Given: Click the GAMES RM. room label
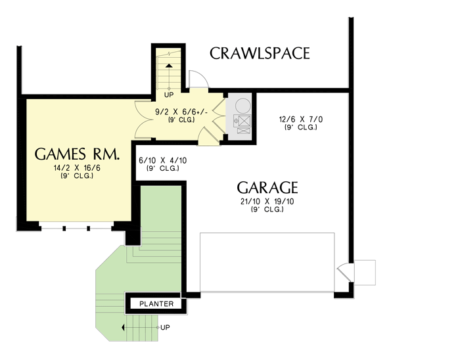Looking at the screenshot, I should (x=77, y=155).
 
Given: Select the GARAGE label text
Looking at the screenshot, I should (x=267, y=187).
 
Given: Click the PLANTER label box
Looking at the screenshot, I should (x=156, y=304).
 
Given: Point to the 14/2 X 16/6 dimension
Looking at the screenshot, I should (x=77, y=168).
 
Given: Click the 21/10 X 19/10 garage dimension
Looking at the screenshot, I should (x=267, y=202).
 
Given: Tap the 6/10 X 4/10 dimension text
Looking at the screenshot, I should (x=161, y=161).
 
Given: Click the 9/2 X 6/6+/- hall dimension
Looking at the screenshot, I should (x=181, y=112).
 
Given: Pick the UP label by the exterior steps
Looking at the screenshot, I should (x=165, y=326).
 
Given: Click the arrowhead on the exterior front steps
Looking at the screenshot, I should (x=123, y=326).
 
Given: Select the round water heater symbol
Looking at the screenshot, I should (x=242, y=105).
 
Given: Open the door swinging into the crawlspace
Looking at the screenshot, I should (x=197, y=79).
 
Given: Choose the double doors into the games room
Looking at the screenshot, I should (x=143, y=119).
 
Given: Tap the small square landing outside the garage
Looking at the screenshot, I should (x=365, y=272).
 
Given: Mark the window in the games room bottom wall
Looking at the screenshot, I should (x=76, y=227).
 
